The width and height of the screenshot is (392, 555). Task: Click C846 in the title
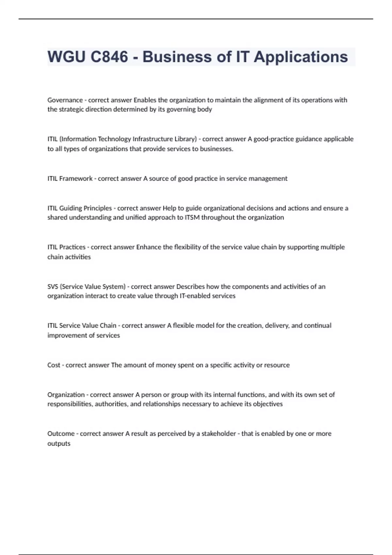109,56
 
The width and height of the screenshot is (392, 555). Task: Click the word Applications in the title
301,56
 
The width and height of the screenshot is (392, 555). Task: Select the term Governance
65,100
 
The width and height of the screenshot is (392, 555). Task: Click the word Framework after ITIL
76,179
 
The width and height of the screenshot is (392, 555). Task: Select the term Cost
54,365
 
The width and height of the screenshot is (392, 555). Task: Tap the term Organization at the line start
66,394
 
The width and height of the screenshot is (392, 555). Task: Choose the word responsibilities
70,404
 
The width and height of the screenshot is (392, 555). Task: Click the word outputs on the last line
59,443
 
